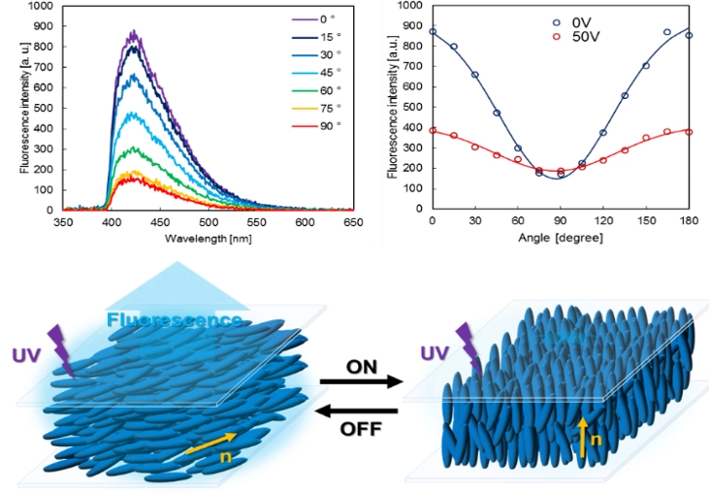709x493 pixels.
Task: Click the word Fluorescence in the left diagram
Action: pyautogui.click(x=175, y=320)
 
